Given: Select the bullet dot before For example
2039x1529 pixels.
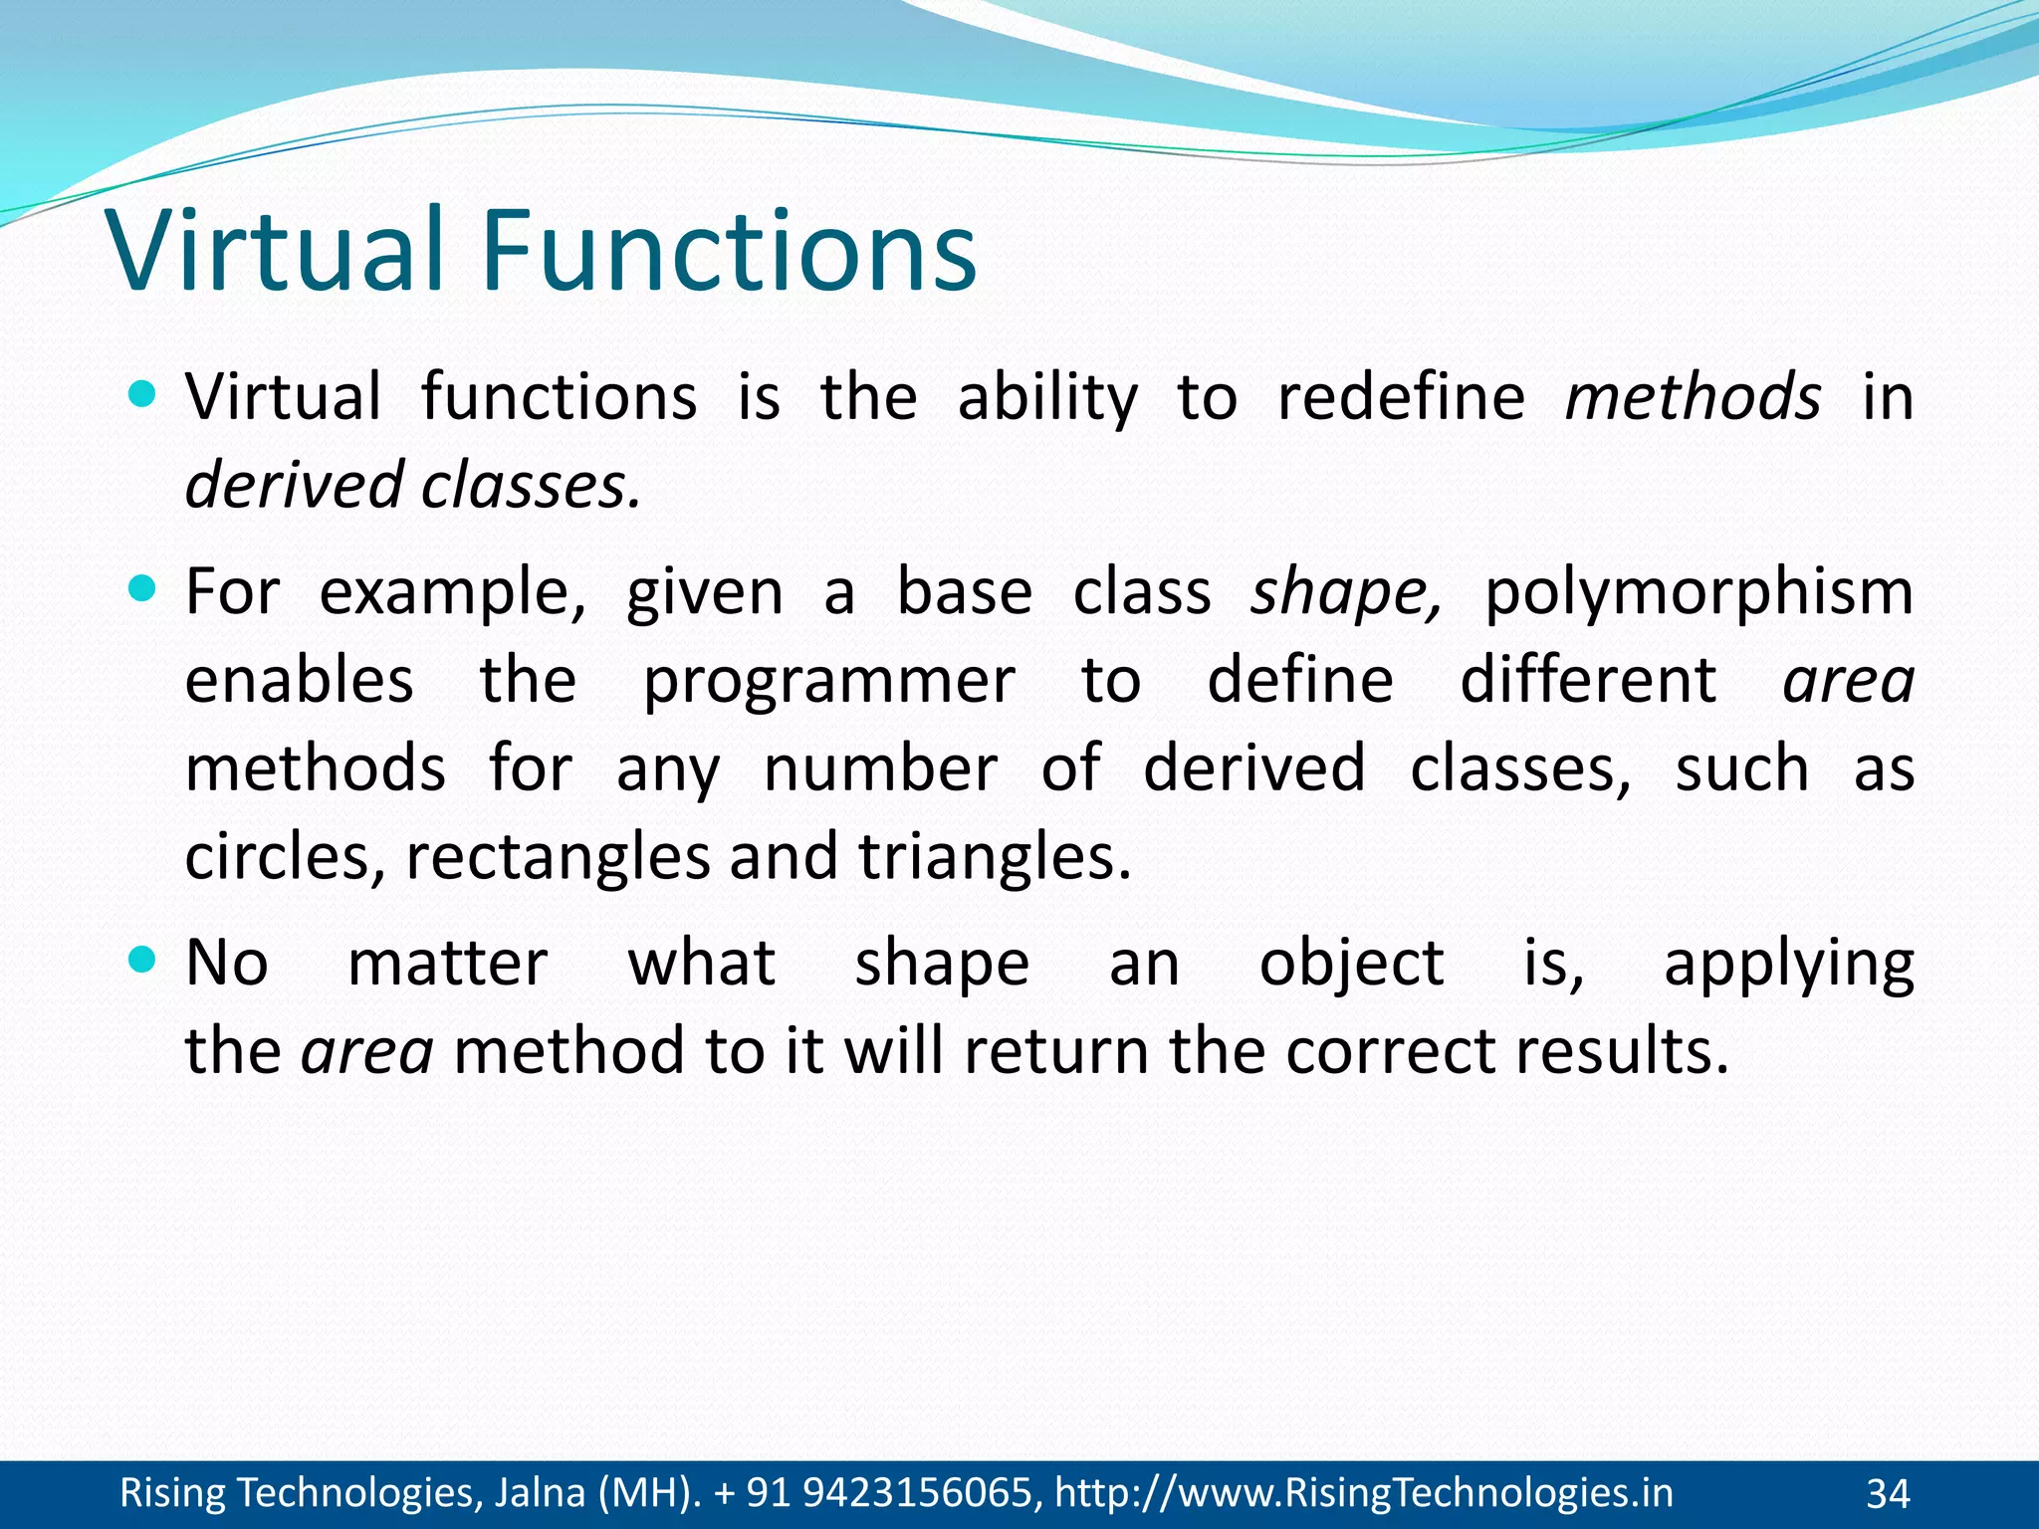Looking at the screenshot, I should tap(143, 590).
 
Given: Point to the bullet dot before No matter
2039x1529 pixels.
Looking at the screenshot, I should tap(143, 961).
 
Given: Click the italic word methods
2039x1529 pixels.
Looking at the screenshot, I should tap(1693, 396).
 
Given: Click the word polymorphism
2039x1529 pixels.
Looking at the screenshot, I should tap(1699, 592).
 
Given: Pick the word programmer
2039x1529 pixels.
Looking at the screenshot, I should tap(828, 682).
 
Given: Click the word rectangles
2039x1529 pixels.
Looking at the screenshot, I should tap(558, 857).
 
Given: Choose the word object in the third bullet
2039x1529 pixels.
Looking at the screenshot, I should tap(1351, 964).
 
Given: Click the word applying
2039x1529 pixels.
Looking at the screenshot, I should tap(1788, 964).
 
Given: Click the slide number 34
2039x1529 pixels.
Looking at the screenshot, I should tap(1888, 1494).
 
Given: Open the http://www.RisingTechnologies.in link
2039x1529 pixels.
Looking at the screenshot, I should tap(1363, 1492).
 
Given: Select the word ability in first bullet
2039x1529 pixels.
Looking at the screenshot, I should tap(1046, 396).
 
